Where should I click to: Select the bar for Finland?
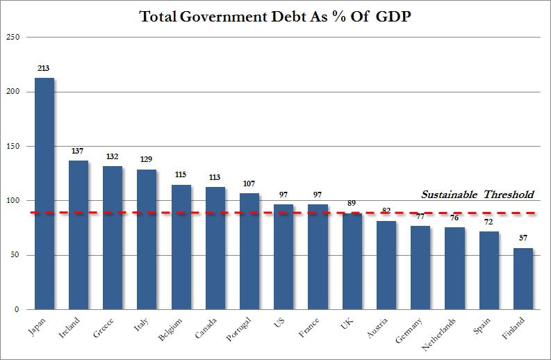pyautogui.click(x=523, y=278)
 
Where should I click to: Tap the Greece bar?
pyautogui.click(x=113, y=237)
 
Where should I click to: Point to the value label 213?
pyautogui.click(x=44, y=68)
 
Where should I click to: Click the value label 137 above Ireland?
pyautogui.click(x=79, y=151)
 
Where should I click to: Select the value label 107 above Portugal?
pyautogui.click(x=249, y=183)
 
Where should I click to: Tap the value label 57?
pyautogui.click(x=523, y=238)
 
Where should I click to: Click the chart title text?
pyautogui.click(x=275, y=17)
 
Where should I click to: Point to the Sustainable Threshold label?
pyautogui.click(x=478, y=195)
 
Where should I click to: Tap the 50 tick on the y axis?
pyautogui.click(x=13, y=255)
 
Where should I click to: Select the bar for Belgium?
pyautogui.click(x=181, y=247)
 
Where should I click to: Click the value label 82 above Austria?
pyautogui.click(x=386, y=211)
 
